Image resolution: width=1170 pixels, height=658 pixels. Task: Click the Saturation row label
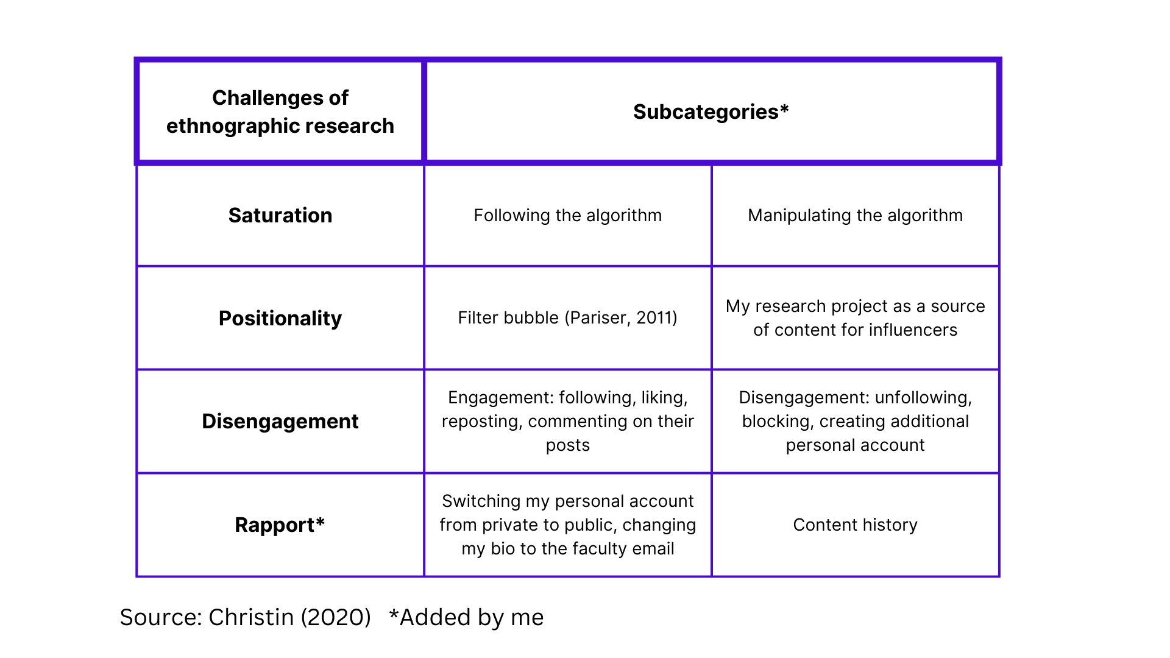click(280, 216)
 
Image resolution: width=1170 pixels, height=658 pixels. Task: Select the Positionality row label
click(280, 319)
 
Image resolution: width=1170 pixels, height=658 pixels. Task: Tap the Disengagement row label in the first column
click(280, 422)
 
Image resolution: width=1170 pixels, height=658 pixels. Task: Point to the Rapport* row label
click(280, 525)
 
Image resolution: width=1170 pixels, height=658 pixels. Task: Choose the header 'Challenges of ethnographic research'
click(280, 112)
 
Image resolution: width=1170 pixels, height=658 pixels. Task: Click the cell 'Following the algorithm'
click(567, 216)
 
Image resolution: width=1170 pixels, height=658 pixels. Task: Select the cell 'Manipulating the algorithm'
click(855, 216)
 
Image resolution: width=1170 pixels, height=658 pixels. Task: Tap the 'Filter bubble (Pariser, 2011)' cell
click(567, 318)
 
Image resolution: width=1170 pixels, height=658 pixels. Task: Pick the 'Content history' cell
click(855, 525)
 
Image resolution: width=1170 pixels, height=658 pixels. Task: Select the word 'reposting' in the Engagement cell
click(481, 422)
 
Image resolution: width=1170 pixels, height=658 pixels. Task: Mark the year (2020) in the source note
click(336, 618)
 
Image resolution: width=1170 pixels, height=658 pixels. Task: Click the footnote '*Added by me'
click(466, 618)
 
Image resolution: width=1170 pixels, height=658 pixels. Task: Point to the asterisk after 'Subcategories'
click(784, 110)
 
